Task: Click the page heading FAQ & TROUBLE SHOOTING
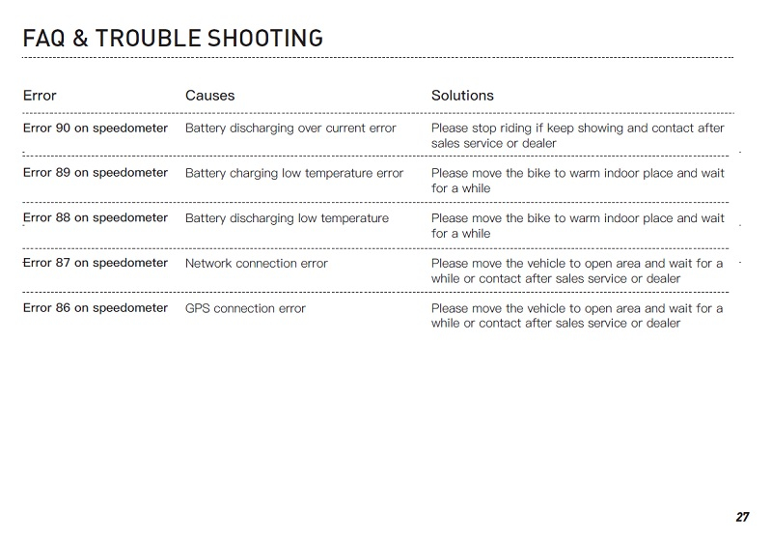(172, 39)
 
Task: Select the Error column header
(40, 96)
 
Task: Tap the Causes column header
(209, 96)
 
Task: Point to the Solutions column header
(462, 96)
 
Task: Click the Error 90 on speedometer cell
(95, 128)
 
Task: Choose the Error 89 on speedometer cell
(95, 173)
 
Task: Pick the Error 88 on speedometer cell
(95, 218)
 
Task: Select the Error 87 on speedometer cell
(95, 263)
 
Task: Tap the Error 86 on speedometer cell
(95, 308)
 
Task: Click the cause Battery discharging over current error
(290, 128)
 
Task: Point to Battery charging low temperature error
(294, 174)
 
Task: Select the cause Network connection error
(256, 264)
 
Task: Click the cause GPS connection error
(245, 309)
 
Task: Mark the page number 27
(742, 517)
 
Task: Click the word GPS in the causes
(197, 309)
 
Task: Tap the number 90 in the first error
(63, 128)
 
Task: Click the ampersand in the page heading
(80, 39)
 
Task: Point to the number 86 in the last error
(63, 308)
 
